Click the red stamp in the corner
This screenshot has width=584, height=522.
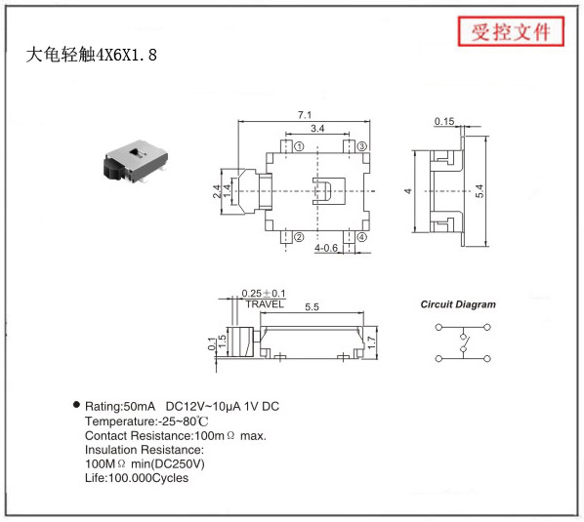point(511,31)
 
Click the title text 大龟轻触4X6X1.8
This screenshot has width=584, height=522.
point(92,55)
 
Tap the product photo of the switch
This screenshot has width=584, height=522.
point(136,162)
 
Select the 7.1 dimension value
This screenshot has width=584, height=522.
point(305,115)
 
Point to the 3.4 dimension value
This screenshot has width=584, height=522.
point(317,129)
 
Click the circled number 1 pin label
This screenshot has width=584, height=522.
point(299,146)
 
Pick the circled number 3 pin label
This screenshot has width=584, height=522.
point(362,146)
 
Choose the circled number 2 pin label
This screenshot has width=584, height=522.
point(299,237)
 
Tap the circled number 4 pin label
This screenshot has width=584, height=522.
point(361,237)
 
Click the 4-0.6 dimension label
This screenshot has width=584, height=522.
point(326,248)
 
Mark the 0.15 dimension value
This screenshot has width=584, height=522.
point(444,121)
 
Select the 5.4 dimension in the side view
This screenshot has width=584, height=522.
point(480,191)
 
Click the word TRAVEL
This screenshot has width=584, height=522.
point(265,304)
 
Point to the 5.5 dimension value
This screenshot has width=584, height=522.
point(312,307)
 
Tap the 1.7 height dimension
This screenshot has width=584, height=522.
point(371,342)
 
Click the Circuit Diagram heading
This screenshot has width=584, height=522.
point(458,304)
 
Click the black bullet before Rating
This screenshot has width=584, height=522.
point(76,405)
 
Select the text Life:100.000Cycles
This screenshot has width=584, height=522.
point(137,478)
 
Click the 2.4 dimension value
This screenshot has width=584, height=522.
point(217,191)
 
